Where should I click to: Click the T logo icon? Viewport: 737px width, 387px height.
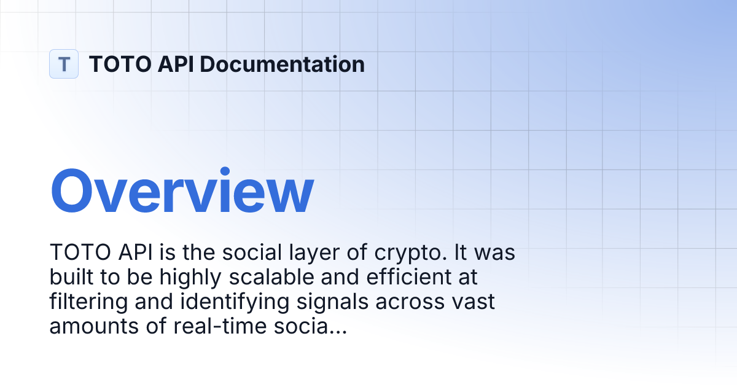64,64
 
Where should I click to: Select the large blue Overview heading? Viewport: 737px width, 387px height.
182,192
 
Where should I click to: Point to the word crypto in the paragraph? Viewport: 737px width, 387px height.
396,253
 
